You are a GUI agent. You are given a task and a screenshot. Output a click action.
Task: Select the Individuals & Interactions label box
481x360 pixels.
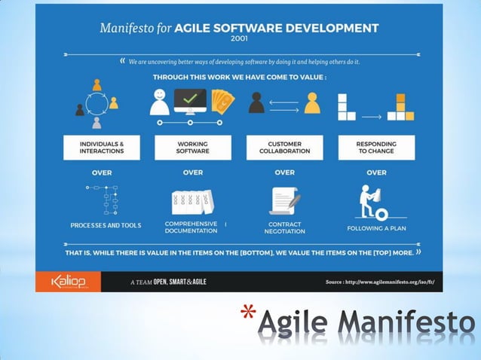[x=102, y=147]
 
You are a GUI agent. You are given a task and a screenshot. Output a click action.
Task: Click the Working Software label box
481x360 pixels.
[x=192, y=147]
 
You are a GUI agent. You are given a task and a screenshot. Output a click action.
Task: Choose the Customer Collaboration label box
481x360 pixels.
[x=285, y=147]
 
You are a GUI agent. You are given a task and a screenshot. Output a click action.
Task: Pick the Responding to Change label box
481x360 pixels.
[x=376, y=147]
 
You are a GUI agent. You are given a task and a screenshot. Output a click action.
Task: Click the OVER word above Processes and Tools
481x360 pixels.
[x=102, y=172]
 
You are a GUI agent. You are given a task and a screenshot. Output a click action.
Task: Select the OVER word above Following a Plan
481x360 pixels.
[x=376, y=172]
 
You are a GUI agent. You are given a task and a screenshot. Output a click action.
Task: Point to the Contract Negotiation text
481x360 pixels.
[x=284, y=227]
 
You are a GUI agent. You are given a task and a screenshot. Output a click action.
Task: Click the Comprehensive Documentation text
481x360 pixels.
[x=191, y=227]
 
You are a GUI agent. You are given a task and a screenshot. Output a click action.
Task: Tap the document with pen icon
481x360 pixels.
[x=284, y=201]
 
